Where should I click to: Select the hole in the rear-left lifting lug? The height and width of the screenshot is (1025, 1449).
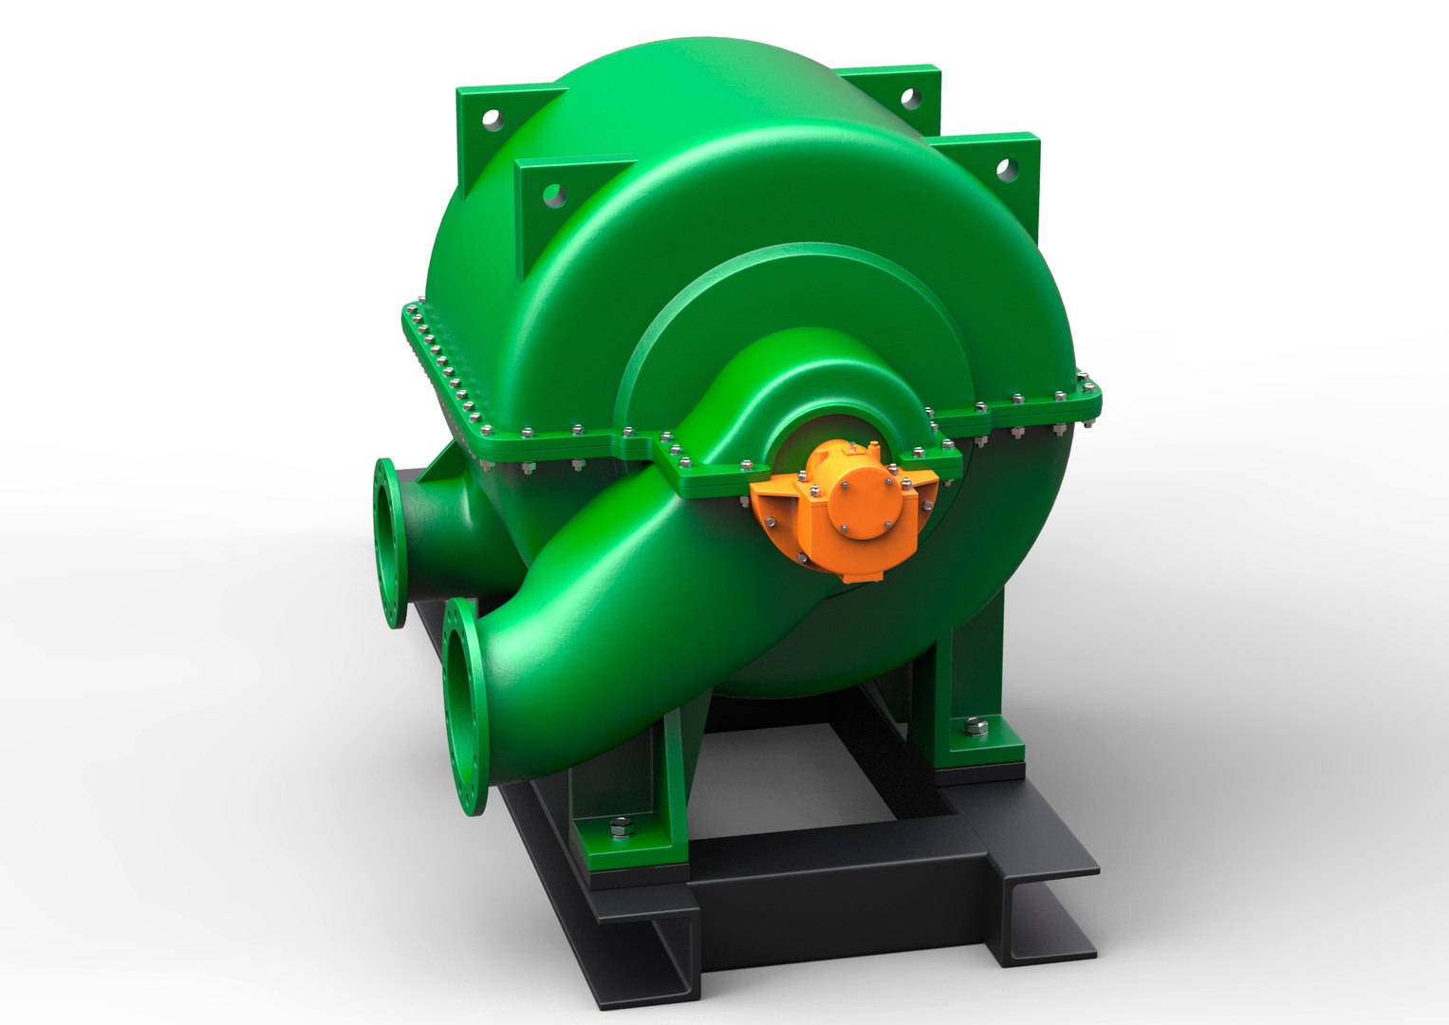491,119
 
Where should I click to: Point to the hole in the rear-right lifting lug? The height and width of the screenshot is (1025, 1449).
909,98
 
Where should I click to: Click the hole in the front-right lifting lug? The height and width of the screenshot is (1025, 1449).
1003,169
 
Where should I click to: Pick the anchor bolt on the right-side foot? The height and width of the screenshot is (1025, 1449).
976,728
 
